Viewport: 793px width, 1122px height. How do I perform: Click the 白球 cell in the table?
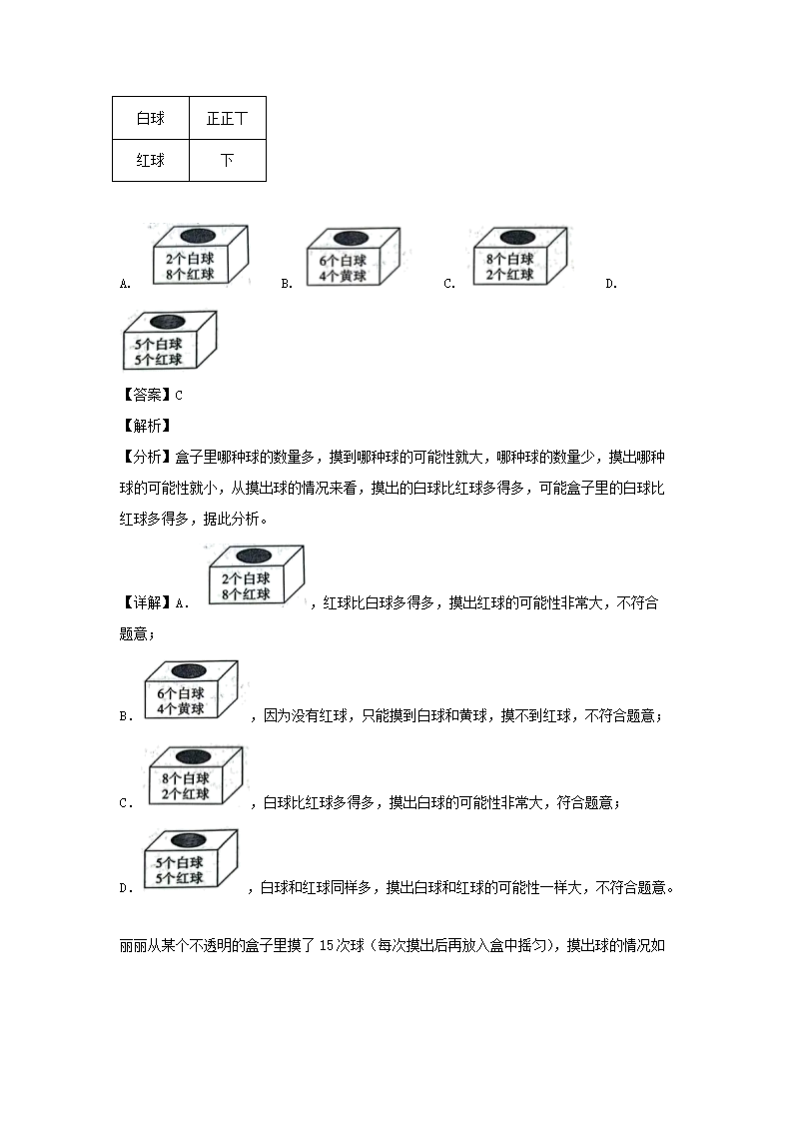point(151,118)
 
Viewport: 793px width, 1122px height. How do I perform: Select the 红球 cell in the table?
point(151,160)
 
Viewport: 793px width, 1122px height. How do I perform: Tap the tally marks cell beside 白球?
point(227,118)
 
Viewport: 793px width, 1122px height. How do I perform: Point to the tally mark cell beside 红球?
point(227,160)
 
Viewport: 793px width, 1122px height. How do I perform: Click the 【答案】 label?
point(145,395)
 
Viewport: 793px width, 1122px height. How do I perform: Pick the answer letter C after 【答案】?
point(179,395)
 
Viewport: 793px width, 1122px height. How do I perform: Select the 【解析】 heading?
point(145,426)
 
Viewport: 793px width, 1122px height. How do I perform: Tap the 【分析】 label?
point(145,457)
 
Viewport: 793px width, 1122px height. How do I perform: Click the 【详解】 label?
point(145,602)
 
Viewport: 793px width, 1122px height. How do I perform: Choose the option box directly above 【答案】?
point(168,343)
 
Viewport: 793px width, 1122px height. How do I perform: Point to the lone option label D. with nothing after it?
point(611,284)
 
